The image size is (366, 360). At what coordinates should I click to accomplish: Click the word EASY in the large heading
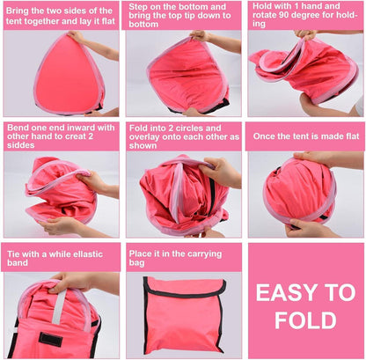(282, 293)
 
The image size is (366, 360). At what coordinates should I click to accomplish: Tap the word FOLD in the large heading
(305, 320)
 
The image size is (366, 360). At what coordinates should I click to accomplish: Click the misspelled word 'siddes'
(21, 145)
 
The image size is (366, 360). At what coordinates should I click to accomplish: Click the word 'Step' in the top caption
(138, 7)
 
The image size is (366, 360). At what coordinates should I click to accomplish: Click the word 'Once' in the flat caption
(263, 136)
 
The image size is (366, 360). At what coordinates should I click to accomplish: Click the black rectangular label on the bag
(51, 340)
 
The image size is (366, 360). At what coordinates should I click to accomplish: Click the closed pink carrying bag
(184, 316)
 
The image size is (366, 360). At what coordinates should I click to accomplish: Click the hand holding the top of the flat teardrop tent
(77, 37)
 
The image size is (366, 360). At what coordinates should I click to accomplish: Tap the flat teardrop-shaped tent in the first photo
(69, 75)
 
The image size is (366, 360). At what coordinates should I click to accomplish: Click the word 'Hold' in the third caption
(263, 6)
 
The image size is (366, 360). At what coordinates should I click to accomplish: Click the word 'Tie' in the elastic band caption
(13, 254)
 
